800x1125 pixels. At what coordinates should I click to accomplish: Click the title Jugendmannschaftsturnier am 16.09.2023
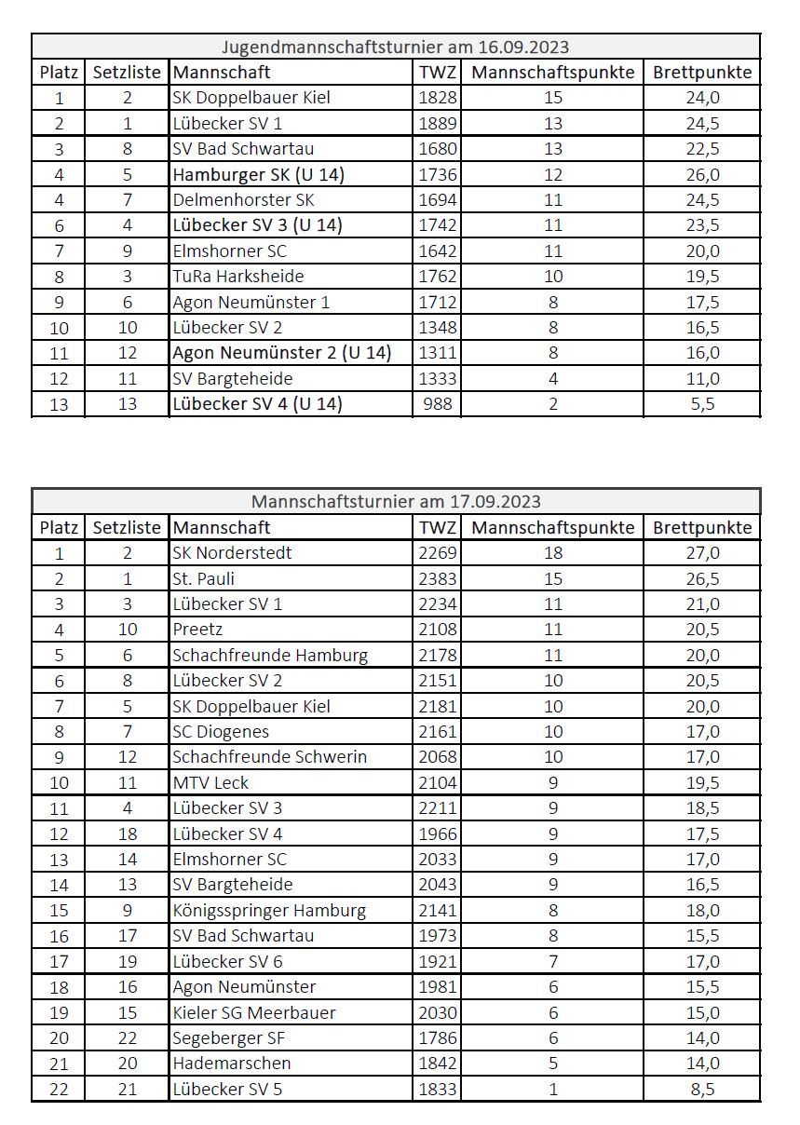(396, 47)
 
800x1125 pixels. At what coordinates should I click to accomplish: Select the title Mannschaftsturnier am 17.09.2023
(396, 502)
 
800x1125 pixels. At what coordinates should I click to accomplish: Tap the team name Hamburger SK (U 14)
(258, 174)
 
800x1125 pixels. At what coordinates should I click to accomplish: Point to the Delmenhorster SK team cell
(243, 199)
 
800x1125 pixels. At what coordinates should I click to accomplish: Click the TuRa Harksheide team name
(238, 276)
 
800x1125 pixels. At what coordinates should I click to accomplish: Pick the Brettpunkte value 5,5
(701, 403)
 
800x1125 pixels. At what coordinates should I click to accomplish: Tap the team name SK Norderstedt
(232, 552)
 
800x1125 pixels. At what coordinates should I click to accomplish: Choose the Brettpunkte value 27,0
(701, 552)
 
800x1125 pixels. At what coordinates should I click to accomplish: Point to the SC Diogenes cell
(221, 731)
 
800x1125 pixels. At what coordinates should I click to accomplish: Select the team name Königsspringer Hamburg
(269, 910)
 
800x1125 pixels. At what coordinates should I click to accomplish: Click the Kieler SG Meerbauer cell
(254, 1012)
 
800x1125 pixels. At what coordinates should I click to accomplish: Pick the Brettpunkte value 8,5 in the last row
(701, 1089)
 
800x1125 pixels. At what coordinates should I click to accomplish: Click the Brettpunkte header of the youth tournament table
(701, 72)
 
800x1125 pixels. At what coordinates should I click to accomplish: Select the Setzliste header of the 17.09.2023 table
(127, 527)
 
